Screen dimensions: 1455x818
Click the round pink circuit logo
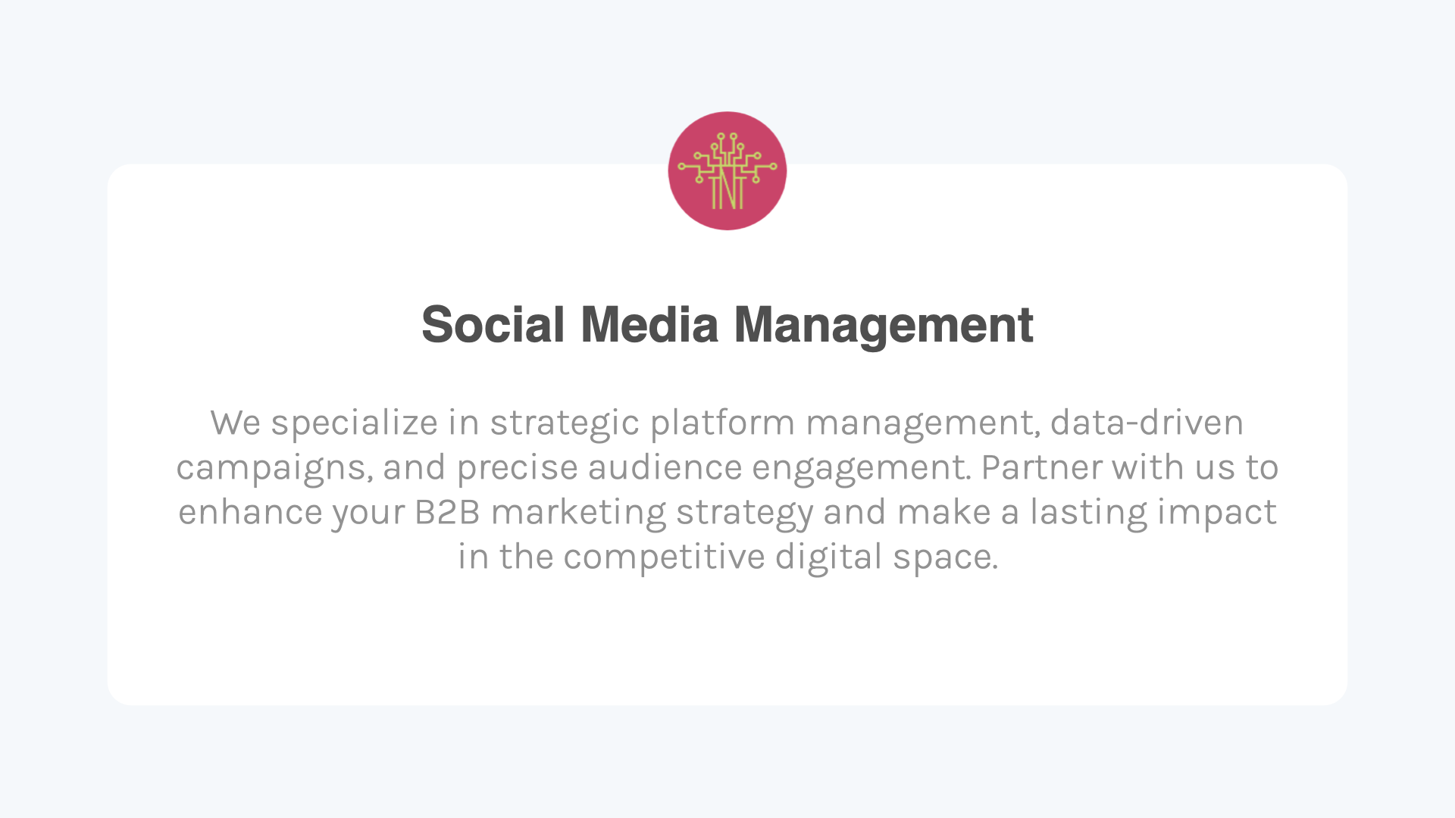727,171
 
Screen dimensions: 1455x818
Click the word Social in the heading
493,325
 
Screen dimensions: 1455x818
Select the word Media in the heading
649,325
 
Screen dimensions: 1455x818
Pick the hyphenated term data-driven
1147,423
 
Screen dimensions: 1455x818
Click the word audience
665,467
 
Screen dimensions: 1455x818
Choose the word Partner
1042,467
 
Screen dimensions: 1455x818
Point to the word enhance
250,512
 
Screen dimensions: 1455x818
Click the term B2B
447,512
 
